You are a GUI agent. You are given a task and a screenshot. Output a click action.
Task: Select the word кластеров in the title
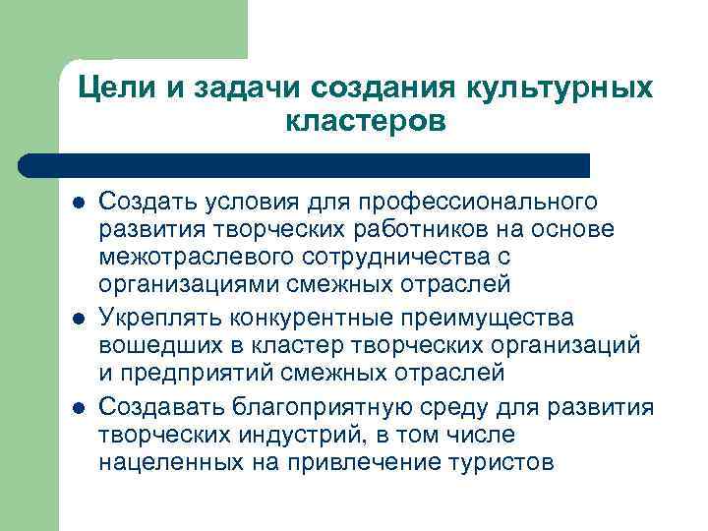click(366, 122)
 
